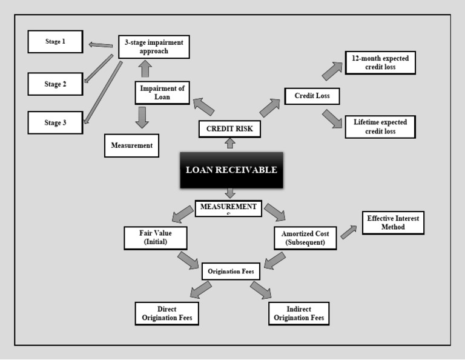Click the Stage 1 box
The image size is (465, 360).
click(x=55, y=42)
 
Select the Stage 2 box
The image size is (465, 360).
click(x=55, y=84)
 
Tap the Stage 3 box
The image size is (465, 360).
click(x=55, y=123)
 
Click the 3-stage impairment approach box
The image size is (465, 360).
click(x=154, y=47)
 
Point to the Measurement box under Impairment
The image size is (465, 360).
click(x=131, y=145)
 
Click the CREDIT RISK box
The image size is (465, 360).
click(x=229, y=128)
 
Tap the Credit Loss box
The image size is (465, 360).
click(x=312, y=96)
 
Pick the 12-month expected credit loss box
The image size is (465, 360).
click(x=380, y=62)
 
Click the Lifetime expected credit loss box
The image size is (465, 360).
click(x=380, y=126)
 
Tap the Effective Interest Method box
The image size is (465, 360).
click(x=393, y=222)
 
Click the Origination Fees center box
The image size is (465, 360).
click(x=231, y=272)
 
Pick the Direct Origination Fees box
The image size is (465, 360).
click(x=167, y=313)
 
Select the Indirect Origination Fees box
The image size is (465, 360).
click(x=298, y=313)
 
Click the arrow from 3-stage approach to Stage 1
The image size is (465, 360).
click(x=100, y=44)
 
